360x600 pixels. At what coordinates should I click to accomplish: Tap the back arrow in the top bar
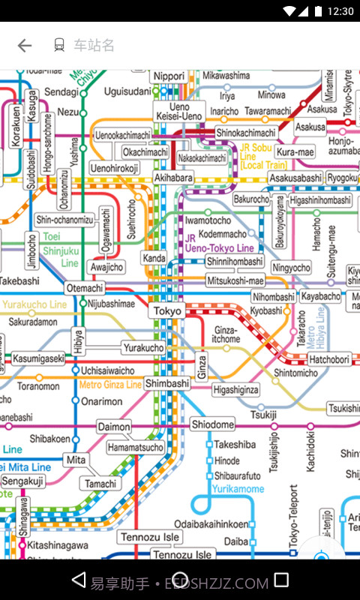[25, 46]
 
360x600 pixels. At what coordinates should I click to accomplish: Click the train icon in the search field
[59, 46]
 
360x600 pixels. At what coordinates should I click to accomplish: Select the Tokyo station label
[167, 311]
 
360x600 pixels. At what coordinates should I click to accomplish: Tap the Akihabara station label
[173, 178]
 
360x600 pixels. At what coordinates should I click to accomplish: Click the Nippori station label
[169, 76]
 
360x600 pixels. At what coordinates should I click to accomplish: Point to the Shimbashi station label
[167, 383]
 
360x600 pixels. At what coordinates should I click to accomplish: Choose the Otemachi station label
[85, 288]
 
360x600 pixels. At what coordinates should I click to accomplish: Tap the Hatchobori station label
[329, 360]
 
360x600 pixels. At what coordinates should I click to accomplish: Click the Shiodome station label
[213, 424]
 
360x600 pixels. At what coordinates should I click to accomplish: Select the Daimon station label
[114, 427]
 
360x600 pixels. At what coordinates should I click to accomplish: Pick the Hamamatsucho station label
[135, 447]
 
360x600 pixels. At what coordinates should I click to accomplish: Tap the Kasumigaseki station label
[38, 359]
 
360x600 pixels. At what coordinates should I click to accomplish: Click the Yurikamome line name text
[238, 489]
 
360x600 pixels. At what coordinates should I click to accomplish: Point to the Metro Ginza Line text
[110, 385]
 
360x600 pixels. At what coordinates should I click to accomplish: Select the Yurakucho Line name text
[35, 305]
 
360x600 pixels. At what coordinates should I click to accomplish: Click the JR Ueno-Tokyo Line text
[219, 243]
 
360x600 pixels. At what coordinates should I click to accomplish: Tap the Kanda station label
[154, 259]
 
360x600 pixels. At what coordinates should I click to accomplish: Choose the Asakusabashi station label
[295, 178]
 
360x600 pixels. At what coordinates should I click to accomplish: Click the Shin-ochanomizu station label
[65, 220]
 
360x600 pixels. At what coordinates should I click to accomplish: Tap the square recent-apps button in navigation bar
[281, 580]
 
